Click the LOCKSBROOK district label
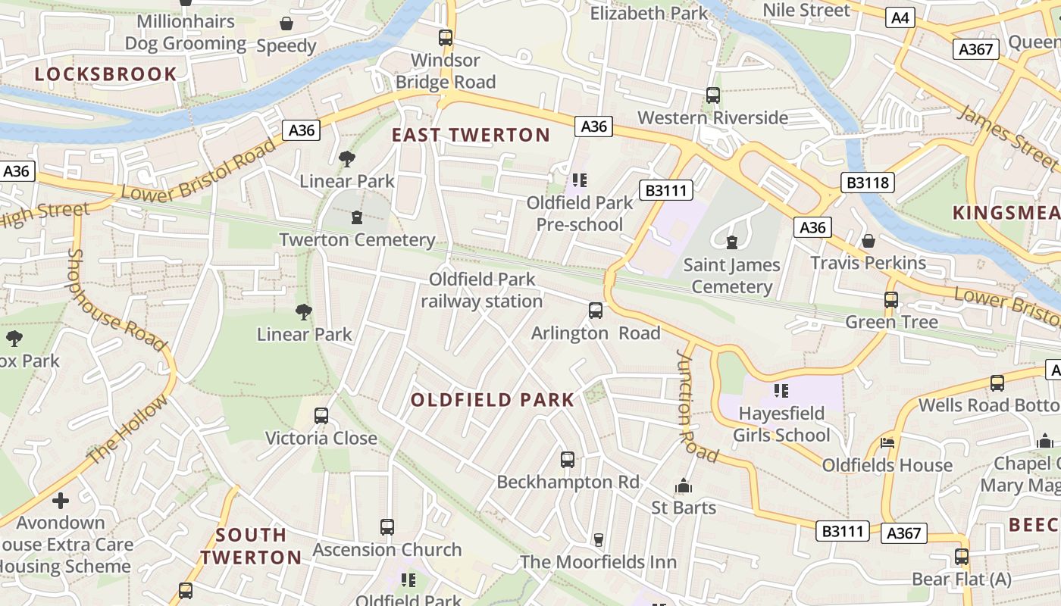pyautogui.click(x=105, y=74)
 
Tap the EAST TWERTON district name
pyautogui.click(x=471, y=136)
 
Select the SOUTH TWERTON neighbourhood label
pyautogui.click(x=251, y=546)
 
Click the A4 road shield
pyautogui.click(x=900, y=17)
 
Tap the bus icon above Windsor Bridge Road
pyautogui.click(x=446, y=37)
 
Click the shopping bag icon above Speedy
pyautogui.click(x=286, y=23)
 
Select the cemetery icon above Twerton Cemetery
pyautogui.click(x=356, y=218)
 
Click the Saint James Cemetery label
pyautogui.click(x=731, y=276)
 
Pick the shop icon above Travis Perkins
pyautogui.click(x=869, y=241)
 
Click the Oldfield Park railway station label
pyautogui.click(x=482, y=290)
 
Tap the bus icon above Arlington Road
pyautogui.click(x=596, y=311)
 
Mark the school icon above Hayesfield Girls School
pyautogui.click(x=781, y=391)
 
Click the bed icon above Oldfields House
pyautogui.click(x=887, y=443)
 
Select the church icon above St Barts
pyautogui.click(x=684, y=486)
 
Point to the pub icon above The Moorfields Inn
pyautogui.click(x=598, y=539)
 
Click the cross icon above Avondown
pyautogui.click(x=61, y=501)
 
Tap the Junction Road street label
pyautogui.click(x=696, y=406)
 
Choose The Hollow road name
pyautogui.click(x=128, y=430)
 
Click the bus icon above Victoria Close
pyautogui.click(x=321, y=416)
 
